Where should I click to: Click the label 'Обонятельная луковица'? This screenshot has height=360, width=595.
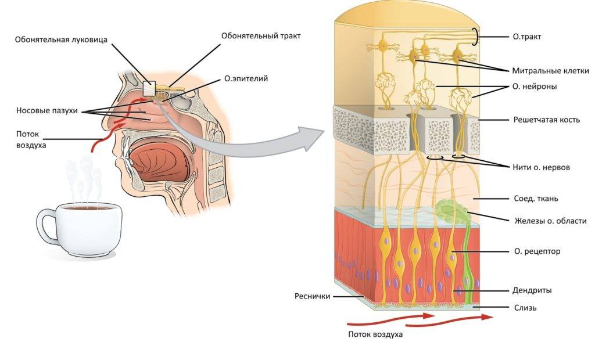pos(61,40)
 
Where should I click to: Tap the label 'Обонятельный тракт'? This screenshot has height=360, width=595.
pos(261,35)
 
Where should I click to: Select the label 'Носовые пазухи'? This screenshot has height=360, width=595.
pos(46,110)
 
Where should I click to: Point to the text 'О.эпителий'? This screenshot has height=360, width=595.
pos(246,78)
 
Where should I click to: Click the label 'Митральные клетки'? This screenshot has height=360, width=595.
pos(550,71)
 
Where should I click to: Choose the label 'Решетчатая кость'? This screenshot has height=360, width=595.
pos(547,120)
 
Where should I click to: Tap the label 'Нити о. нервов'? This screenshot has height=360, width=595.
pos(542,167)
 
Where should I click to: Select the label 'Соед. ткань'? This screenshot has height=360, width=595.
pos(536,199)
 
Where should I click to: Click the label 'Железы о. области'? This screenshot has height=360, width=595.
pos(550,221)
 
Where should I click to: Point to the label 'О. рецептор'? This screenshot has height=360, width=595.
pos(537,251)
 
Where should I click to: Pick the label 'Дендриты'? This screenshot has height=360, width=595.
pos(533,290)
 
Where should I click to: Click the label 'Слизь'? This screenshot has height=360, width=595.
pos(525,308)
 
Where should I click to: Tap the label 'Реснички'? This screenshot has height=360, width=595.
pos(311,296)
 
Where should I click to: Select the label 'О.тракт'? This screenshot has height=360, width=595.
pos(527,37)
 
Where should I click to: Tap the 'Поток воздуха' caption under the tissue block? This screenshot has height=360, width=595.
pos(375,334)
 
